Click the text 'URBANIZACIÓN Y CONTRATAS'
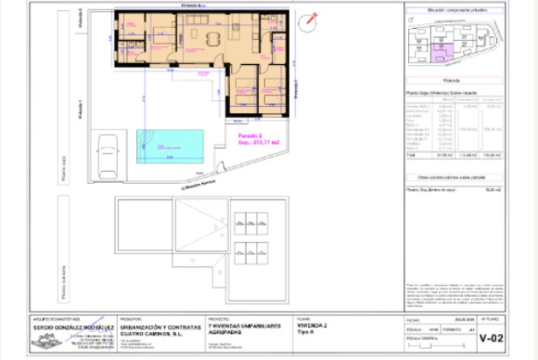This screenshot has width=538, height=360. point(153,328)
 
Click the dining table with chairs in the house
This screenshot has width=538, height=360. point(213,38)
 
